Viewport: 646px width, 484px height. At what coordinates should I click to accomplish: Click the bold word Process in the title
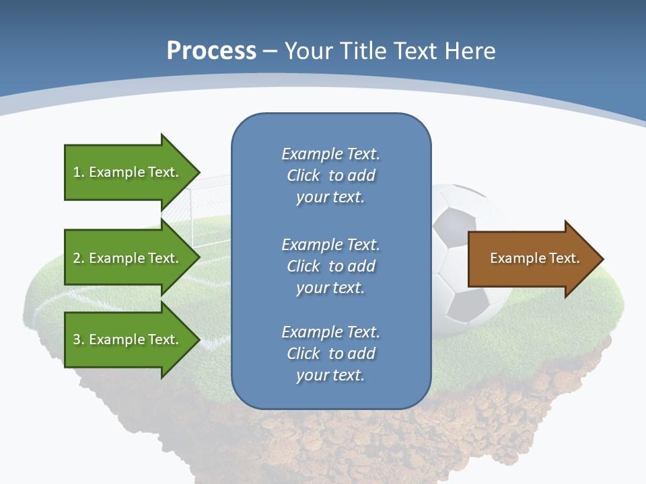(211, 50)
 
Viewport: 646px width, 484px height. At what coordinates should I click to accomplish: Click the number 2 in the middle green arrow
(77, 258)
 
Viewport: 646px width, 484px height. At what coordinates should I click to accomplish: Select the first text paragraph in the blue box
(330, 175)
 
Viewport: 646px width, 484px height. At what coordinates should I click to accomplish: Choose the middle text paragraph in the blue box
(330, 266)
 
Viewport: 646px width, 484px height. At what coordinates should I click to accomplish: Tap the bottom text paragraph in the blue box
(330, 354)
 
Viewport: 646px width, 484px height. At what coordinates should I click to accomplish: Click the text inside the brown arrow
(534, 258)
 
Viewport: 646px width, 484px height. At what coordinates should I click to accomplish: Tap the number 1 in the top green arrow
(77, 172)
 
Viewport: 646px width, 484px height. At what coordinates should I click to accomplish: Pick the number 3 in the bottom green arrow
(77, 339)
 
